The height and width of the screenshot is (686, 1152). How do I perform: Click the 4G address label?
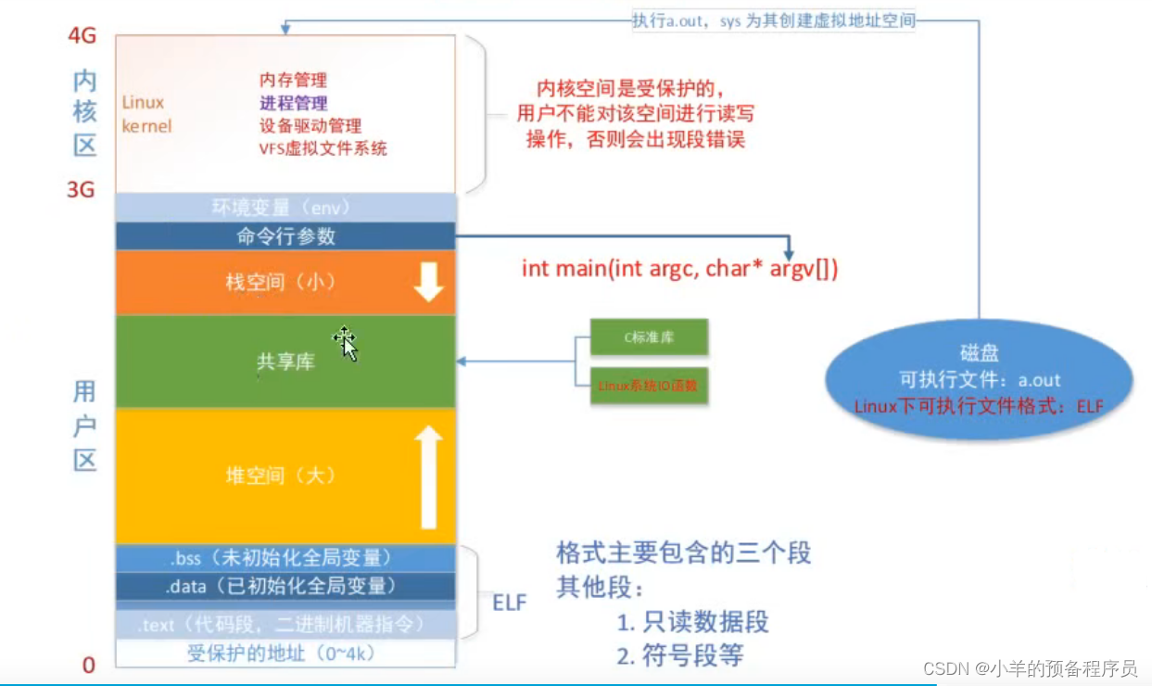[x=82, y=36]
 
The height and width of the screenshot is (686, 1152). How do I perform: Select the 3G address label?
[x=82, y=189]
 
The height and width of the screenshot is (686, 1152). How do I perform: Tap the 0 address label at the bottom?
[x=89, y=665]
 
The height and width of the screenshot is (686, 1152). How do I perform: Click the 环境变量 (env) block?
[x=285, y=208]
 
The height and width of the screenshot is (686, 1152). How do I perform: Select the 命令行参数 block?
[x=285, y=235]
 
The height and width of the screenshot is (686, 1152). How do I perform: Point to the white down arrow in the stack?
[x=428, y=282]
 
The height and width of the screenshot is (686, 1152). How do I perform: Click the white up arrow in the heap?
[x=428, y=476]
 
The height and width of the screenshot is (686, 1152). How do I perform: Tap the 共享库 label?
[x=285, y=362]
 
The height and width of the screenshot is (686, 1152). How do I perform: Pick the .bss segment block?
[x=285, y=558]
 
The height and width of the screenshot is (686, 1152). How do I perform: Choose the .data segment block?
[x=285, y=586]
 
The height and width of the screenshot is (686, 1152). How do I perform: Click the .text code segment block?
[x=285, y=625]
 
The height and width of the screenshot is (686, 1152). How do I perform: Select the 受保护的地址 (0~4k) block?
[x=285, y=654]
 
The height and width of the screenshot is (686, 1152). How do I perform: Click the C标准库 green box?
[x=649, y=337]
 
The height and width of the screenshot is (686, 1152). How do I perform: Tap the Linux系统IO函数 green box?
[x=649, y=385]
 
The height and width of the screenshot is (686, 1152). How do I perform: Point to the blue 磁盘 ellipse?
[x=980, y=379]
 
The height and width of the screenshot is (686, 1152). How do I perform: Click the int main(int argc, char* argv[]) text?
[x=679, y=269]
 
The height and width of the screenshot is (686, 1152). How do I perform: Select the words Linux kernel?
[x=146, y=114]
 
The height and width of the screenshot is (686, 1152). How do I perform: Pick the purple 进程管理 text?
[x=293, y=103]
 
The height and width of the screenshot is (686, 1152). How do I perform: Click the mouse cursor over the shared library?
[x=346, y=343]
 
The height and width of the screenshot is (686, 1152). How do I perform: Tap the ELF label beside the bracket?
[x=509, y=603]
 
